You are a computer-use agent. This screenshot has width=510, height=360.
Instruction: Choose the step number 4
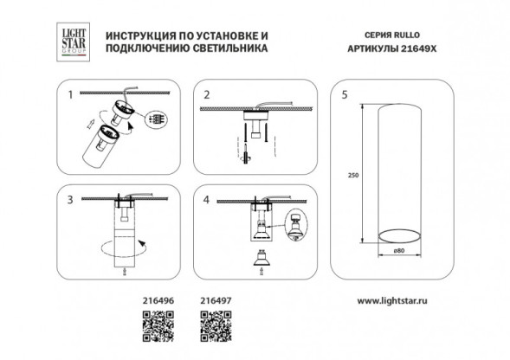pos(206,198)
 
